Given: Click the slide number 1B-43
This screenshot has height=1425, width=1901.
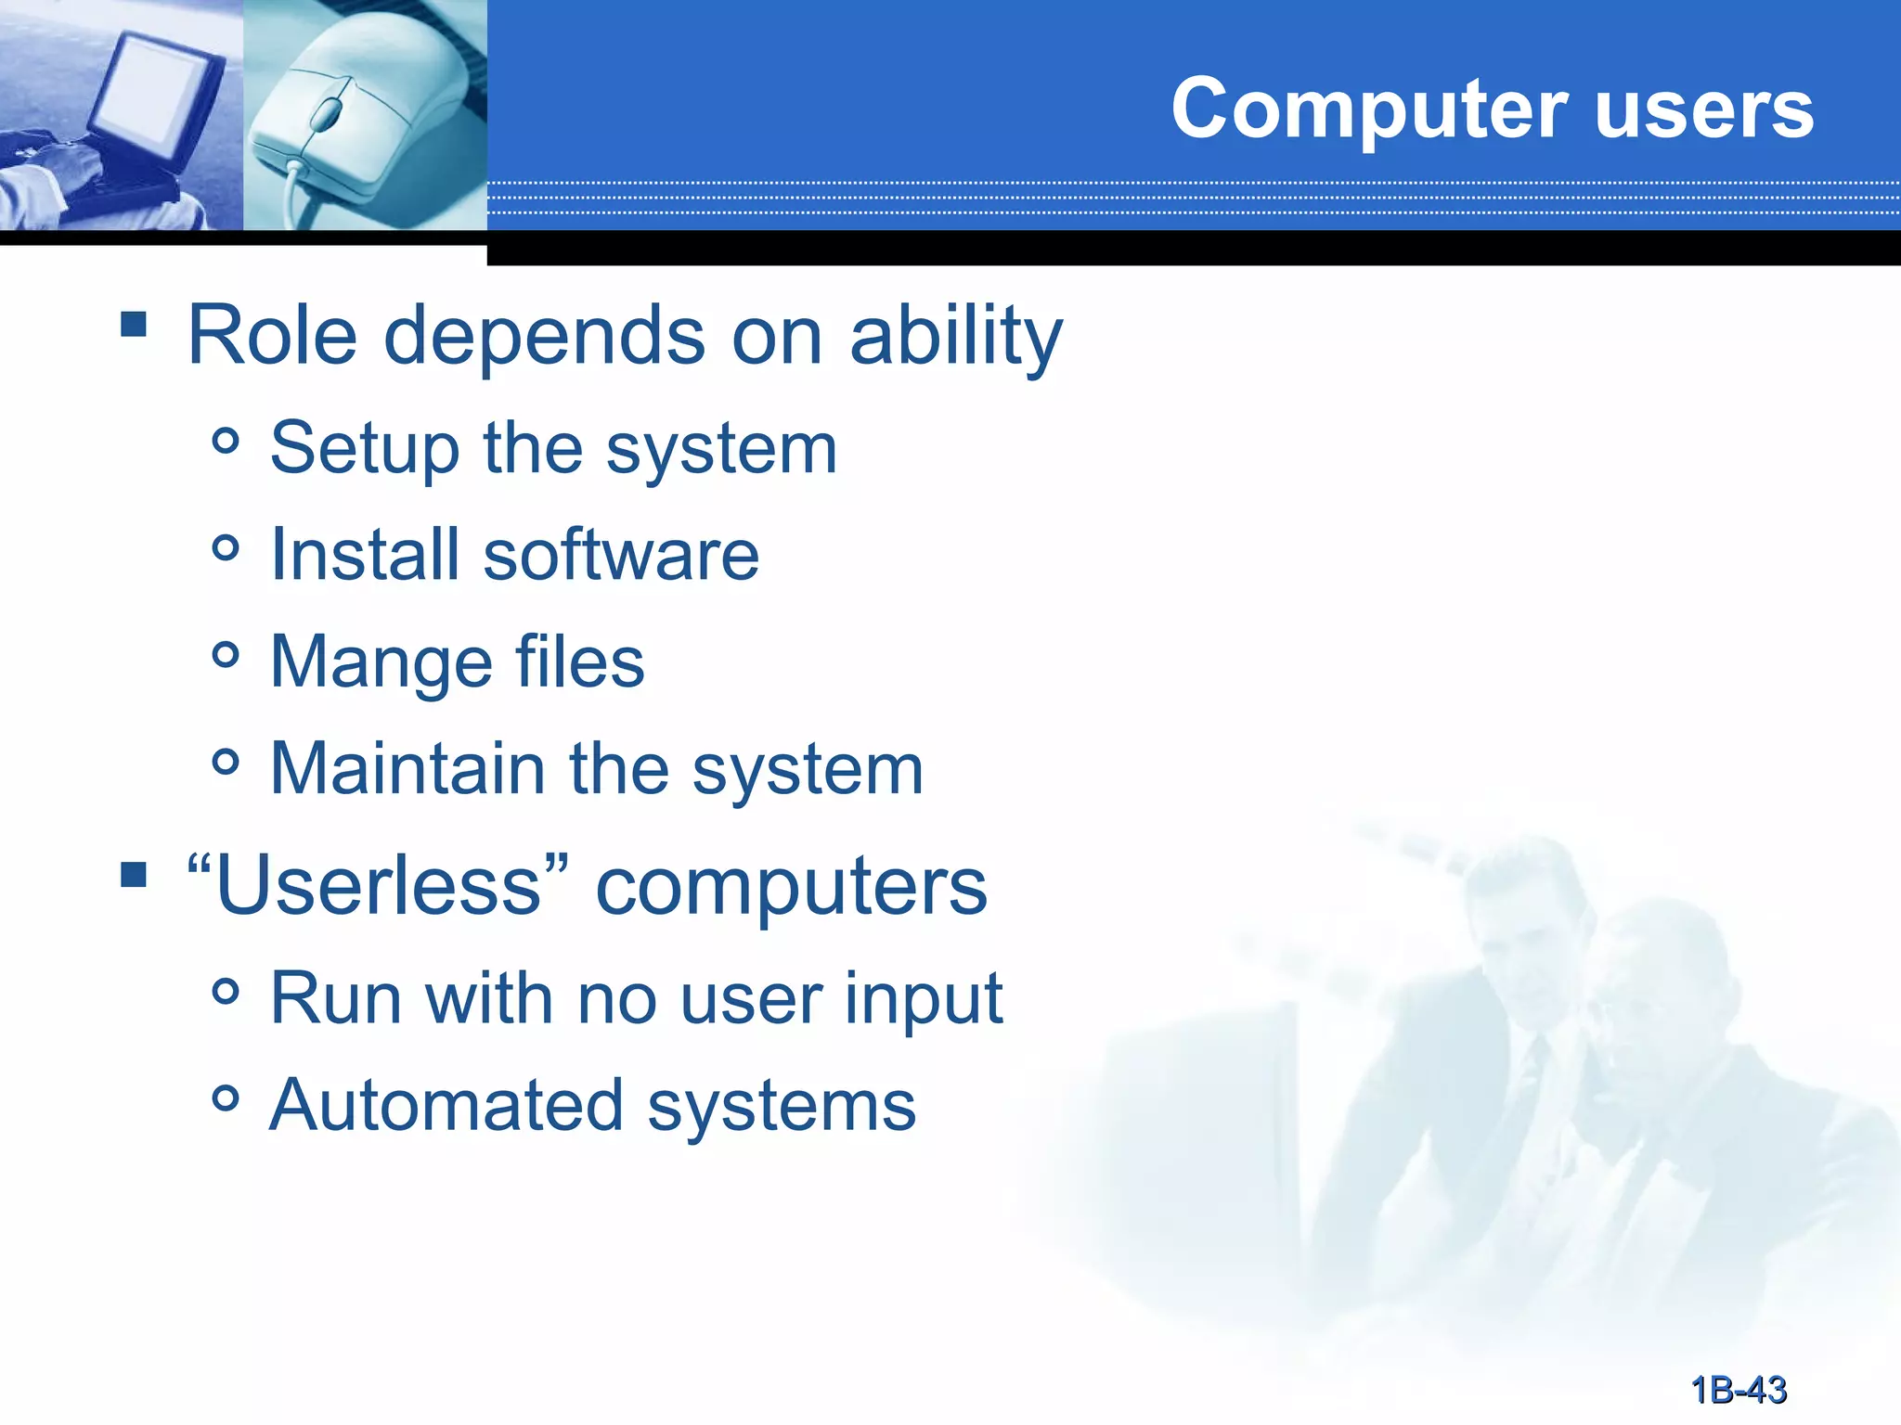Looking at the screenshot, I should pyautogui.click(x=1739, y=1390).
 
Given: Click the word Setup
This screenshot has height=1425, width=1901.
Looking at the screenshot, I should pyautogui.click(x=364, y=449).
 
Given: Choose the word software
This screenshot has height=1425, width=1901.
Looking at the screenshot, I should pyautogui.click(x=621, y=555).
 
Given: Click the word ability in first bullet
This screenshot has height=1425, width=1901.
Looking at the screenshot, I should pyautogui.click(x=956, y=336).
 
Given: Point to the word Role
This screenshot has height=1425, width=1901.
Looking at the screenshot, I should pyautogui.click(x=272, y=336).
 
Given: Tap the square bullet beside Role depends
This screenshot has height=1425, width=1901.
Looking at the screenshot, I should pyautogui.click(x=134, y=324).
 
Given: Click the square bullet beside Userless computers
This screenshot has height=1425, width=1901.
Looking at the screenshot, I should pyautogui.click(x=134, y=875).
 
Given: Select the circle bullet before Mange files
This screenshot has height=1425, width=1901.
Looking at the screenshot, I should pyautogui.click(x=226, y=656).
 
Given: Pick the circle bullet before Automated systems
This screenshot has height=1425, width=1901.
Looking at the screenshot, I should pyautogui.click(x=226, y=1099).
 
